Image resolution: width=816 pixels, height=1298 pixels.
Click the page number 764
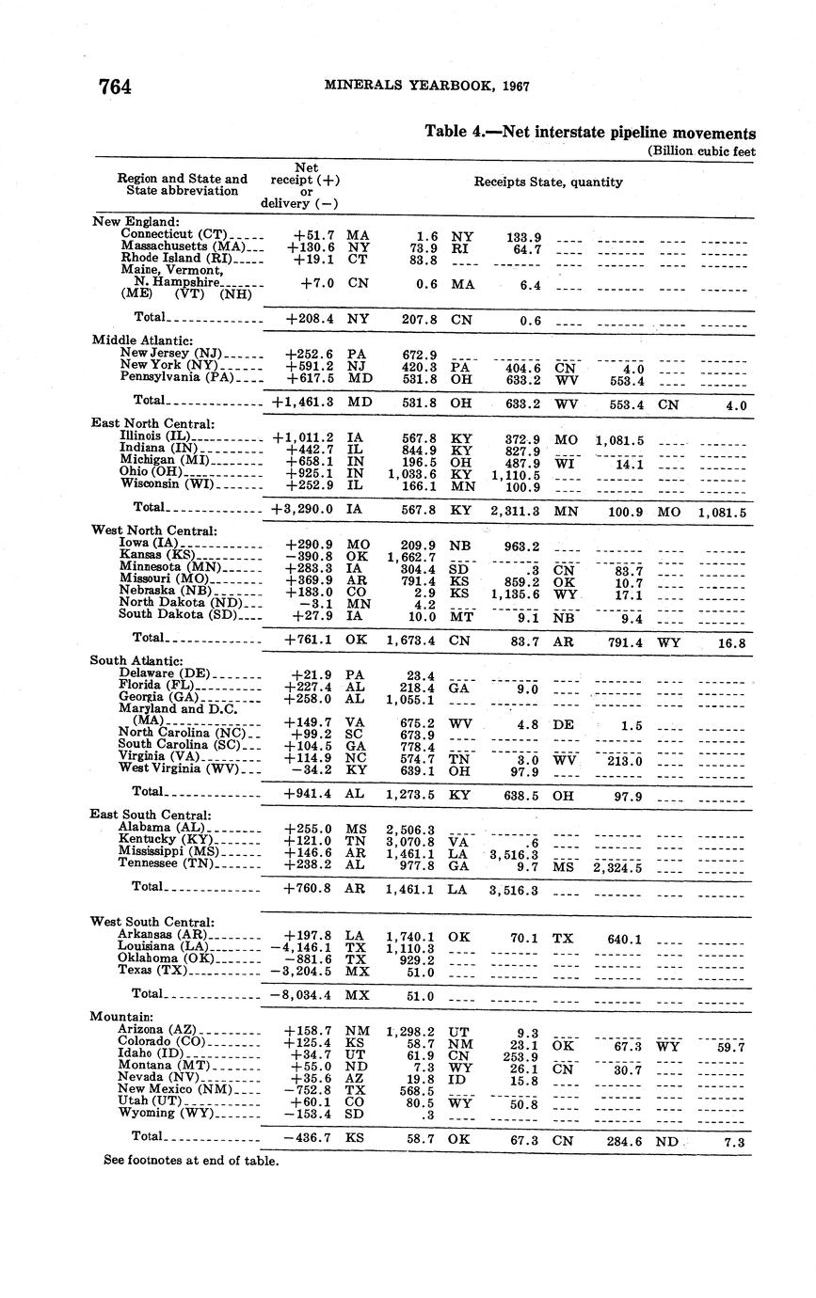pyautogui.click(x=115, y=87)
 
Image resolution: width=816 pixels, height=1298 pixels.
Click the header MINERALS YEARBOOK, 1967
pyautogui.click(x=426, y=86)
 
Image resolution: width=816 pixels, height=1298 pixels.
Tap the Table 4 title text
pyautogui.click(x=590, y=133)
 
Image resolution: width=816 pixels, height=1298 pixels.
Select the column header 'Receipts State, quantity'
pyautogui.click(x=548, y=182)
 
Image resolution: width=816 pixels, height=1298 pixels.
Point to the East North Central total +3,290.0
pyautogui.click(x=302, y=509)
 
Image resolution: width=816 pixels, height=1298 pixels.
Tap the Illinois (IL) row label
pyautogui.click(x=155, y=436)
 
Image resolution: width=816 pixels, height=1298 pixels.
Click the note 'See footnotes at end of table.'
pyautogui.click(x=191, y=1161)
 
